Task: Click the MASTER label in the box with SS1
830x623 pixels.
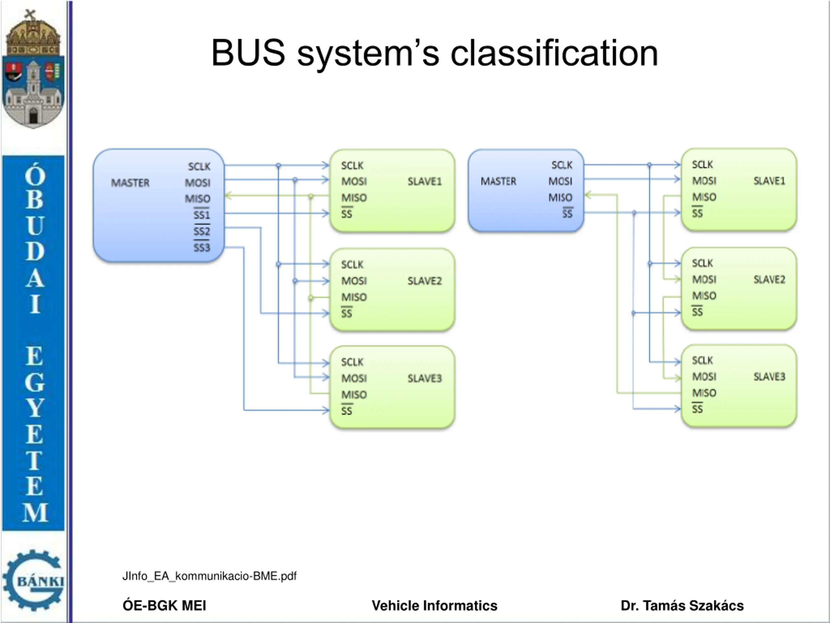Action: tap(130, 183)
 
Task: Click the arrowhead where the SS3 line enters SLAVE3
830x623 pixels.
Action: tap(325, 410)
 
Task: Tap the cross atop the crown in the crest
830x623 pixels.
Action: tap(30, 15)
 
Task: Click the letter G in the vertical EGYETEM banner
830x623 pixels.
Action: tap(34, 382)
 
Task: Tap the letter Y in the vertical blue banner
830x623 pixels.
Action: tap(34, 408)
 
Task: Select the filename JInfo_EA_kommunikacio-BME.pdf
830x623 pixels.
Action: tap(209, 576)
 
